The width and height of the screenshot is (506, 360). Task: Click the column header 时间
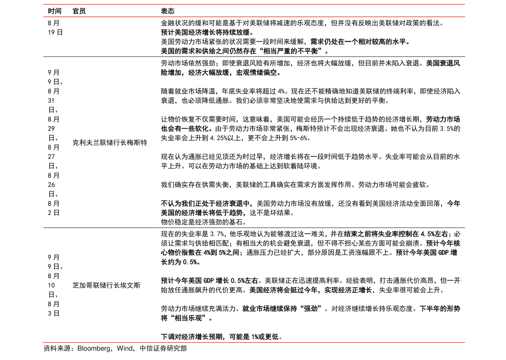pos(54,11)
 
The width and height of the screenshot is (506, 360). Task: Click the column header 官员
pos(79,11)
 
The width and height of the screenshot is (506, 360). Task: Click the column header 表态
pos(167,11)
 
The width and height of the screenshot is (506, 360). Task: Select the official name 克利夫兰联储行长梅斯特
pos(110,143)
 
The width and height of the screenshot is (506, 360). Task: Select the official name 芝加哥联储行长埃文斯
pos(107,286)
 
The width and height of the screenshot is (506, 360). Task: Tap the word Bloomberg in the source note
pos(93,349)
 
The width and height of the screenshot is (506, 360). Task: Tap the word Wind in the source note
pos(124,349)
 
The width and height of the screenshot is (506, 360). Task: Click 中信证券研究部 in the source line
pos(163,349)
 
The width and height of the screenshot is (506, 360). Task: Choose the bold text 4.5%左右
pos(434,234)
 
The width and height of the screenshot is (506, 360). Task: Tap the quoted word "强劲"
pos(311,309)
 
